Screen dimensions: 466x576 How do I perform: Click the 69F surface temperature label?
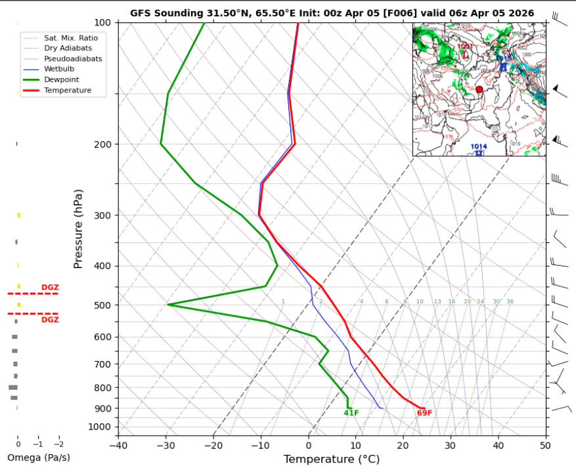pyautogui.click(x=424, y=413)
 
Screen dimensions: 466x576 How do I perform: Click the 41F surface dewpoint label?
pyautogui.click(x=351, y=413)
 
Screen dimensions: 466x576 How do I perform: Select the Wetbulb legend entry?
pyautogui.click(x=58, y=69)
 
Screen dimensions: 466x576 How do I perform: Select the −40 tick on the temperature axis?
pyautogui.click(x=118, y=446)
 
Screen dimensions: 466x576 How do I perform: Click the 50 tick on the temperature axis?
pyautogui.click(x=545, y=446)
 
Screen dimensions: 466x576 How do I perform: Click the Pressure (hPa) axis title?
pyautogui.click(x=79, y=228)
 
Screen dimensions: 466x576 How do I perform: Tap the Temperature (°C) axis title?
pyautogui.click(x=332, y=459)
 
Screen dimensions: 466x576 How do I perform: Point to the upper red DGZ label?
pyautogui.click(x=50, y=287)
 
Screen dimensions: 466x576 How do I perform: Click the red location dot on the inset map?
pyautogui.click(x=479, y=89)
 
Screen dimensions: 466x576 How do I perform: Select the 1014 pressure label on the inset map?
pyautogui.click(x=479, y=147)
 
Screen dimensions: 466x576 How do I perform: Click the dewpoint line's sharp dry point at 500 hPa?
pyautogui.click(x=168, y=305)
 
